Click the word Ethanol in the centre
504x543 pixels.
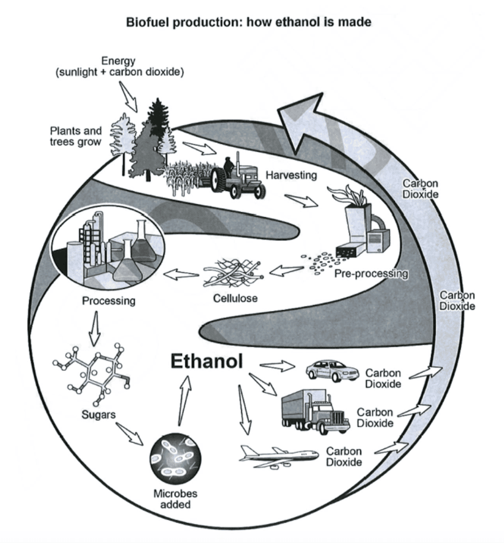point(207,361)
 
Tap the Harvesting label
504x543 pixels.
point(291,175)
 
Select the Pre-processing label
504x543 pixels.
point(371,274)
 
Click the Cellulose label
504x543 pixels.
point(235,298)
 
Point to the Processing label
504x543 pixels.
point(109,301)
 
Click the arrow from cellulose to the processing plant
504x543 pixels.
point(180,274)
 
